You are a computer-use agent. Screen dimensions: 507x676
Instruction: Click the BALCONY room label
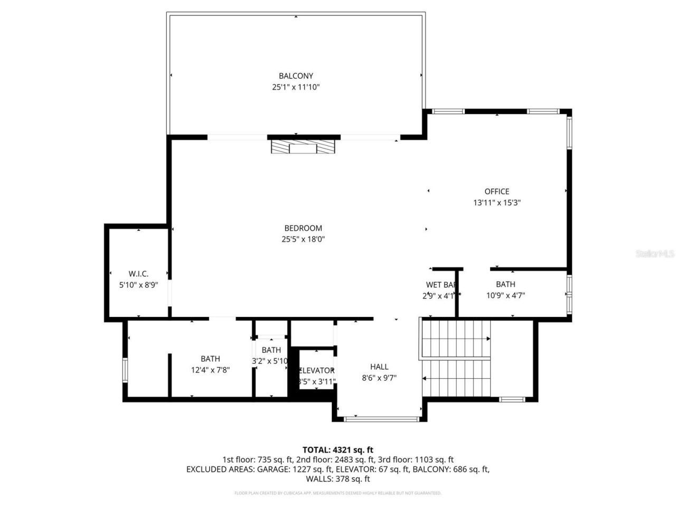click(296, 76)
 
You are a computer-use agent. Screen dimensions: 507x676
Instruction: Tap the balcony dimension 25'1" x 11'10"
click(296, 87)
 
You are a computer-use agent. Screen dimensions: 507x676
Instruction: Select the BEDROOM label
click(303, 228)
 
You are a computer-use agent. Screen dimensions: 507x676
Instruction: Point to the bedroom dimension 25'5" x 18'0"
click(303, 239)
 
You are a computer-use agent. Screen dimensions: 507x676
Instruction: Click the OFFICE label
click(496, 191)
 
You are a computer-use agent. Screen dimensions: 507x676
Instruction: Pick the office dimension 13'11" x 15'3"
click(496, 202)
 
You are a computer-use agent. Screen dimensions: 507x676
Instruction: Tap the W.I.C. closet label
click(138, 274)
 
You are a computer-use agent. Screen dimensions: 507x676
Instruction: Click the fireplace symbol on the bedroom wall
click(303, 146)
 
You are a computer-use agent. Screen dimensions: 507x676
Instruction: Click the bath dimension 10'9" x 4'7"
click(505, 296)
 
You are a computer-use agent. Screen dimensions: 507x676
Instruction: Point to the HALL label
click(379, 367)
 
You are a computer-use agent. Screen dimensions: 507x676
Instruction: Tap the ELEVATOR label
click(317, 370)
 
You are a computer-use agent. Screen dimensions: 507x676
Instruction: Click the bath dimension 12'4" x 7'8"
click(210, 370)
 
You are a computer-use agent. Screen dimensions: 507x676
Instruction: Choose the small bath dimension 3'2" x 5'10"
click(270, 361)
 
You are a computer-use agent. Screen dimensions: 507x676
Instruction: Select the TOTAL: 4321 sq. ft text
click(338, 450)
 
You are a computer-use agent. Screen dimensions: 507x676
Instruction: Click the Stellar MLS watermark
click(654, 254)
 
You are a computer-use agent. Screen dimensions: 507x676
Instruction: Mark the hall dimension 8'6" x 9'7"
click(379, 378)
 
